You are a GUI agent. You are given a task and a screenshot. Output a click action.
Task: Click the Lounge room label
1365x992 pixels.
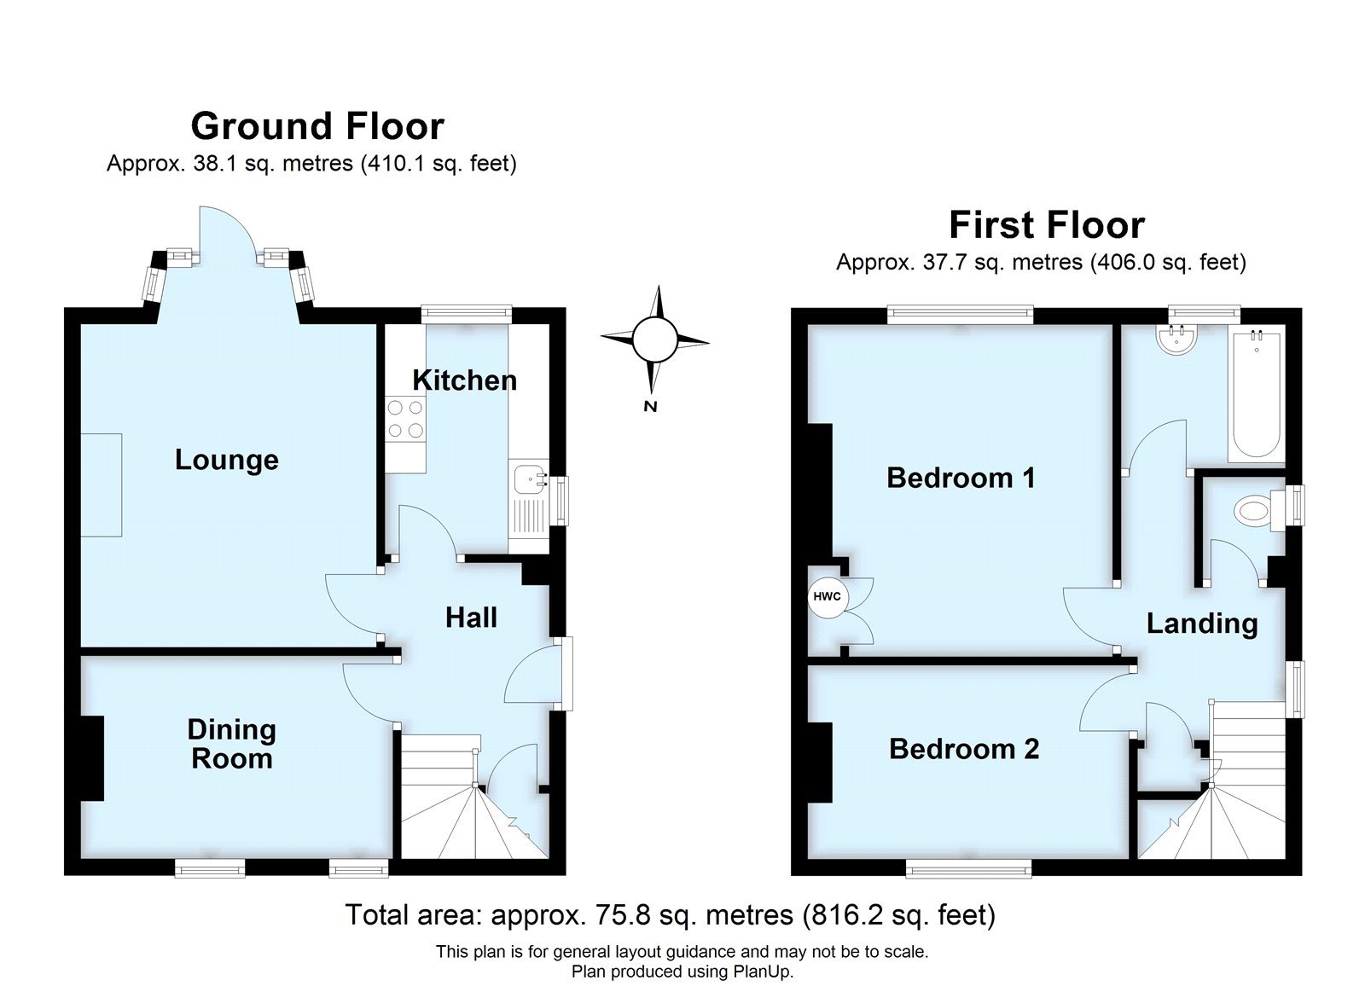[x=226, y=460]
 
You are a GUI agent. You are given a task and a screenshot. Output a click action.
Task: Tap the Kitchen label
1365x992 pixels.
[x=464, y=380]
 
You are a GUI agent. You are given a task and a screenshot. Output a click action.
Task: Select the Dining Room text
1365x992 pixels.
[x=231, y=744]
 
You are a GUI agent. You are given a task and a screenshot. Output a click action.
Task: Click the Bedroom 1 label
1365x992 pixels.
[x=961, y=477]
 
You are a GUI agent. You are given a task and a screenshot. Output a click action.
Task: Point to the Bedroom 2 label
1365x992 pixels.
[x=964, y=749]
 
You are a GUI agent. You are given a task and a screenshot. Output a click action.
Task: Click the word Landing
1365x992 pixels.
[x=1201, y=624]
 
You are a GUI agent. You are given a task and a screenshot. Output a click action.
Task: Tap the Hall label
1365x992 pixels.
[x=471, y=618]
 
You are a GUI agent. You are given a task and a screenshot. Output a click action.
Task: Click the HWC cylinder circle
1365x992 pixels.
[x=827, y=596]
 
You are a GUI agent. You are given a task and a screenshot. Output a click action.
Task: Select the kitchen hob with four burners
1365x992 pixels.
[x=405, y=420]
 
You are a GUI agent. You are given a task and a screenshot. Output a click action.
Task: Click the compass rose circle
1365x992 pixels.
[x=654, y=339]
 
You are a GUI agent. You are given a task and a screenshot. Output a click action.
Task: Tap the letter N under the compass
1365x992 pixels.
[x=650, y=407]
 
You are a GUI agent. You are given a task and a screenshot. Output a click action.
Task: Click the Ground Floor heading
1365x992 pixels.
[x=317, y=126]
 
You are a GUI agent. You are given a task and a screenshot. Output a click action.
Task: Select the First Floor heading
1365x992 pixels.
[x=1046, y=225]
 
